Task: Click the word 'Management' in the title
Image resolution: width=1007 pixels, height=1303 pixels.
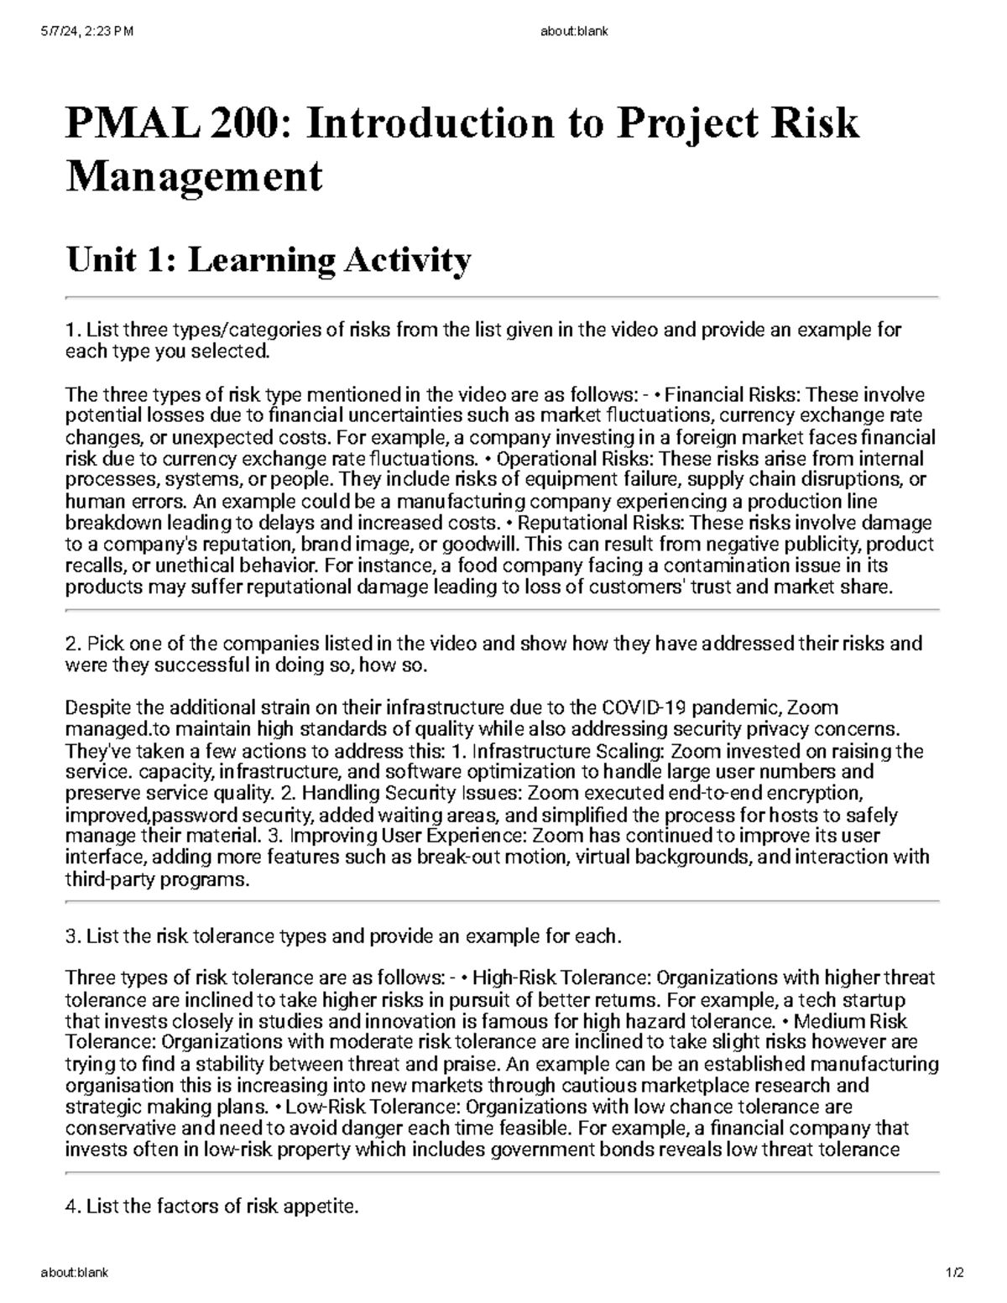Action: pos(194,177)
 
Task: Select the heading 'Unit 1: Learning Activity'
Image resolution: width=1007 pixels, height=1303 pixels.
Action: pos(268,260)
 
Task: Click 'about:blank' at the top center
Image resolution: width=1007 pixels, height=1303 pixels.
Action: pos(576,32)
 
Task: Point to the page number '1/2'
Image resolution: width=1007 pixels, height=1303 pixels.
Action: pos(956,1272)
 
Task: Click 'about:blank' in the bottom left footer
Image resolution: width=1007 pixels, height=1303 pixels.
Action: pos(75,1272)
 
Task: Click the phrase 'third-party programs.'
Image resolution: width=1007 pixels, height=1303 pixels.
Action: pos(157,880)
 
